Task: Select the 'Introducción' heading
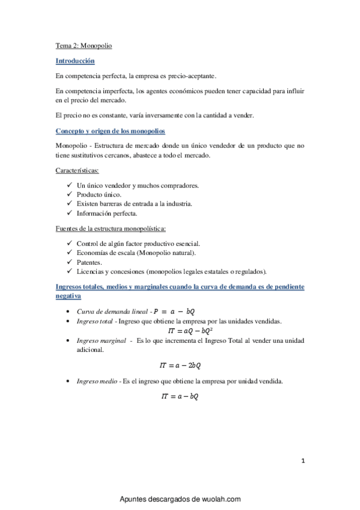75,61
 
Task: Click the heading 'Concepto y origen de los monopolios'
111,131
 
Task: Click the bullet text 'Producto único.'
99,194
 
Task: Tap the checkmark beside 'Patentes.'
70,262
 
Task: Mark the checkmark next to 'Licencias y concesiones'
70,271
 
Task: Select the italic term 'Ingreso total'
96,321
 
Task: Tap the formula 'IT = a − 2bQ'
180,365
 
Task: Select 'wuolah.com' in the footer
219,499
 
